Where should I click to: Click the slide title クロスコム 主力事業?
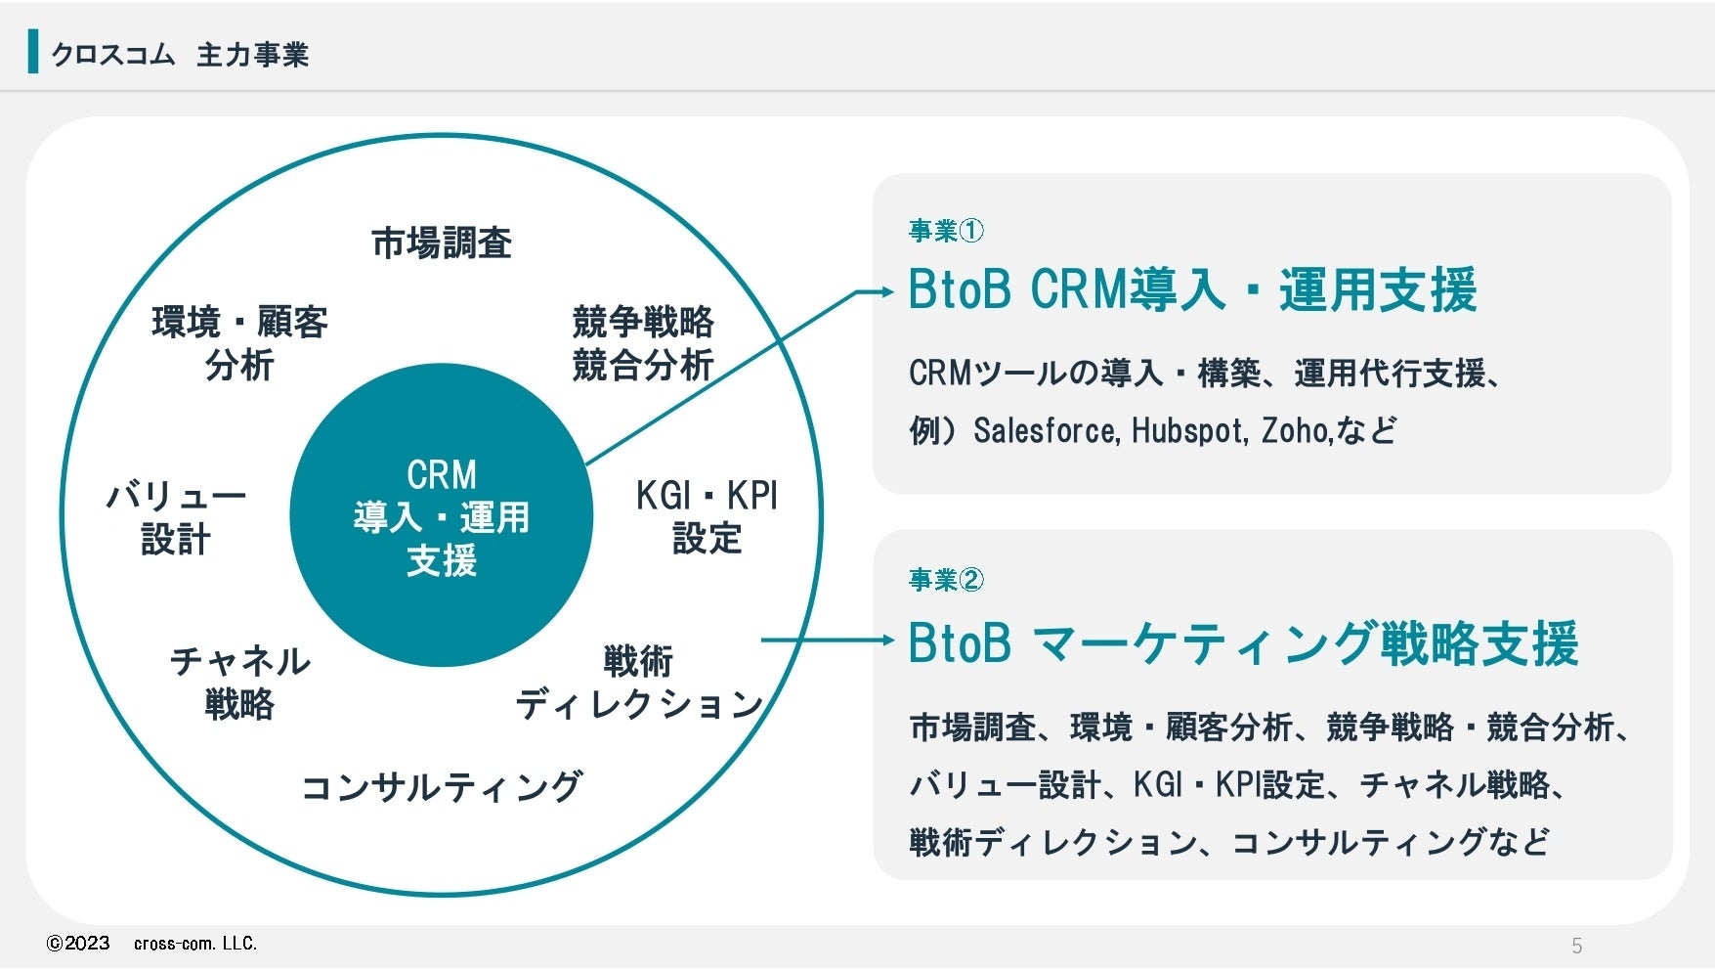click(x=180, y=55)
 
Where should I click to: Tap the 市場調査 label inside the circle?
click(x=442, y=243)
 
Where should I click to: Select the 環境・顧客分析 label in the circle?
click(x=239, y=343)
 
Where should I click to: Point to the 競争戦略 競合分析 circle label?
click(x=642, y=343)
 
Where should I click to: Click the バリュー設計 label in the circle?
click(x=176, y=517)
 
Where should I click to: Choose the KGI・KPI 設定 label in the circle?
click(x=707, y=517)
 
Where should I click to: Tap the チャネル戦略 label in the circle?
click(x=239, y=683)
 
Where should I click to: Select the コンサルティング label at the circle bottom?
click(x=442, y=787)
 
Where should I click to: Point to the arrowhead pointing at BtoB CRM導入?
click(x=886, y=291)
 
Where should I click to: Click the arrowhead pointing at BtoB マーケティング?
click(x=886, y=640)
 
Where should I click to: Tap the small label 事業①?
click(x=946, y=231)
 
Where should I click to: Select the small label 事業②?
click(x=946, y=580)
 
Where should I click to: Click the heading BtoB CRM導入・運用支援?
click(x=1192, y=290)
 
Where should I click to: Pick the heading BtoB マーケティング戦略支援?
click(x=1243, y=643)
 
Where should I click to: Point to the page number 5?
click(x=1576, y=946)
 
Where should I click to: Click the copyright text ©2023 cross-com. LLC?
click(x=152, y=944)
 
